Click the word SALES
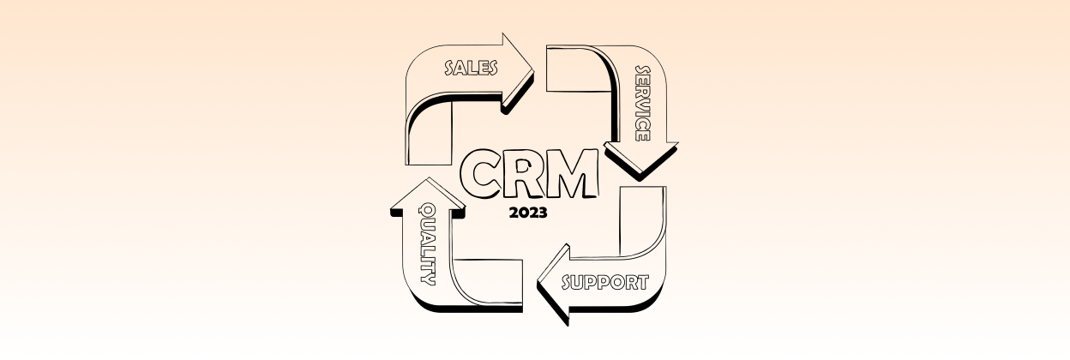(x=471, y=69)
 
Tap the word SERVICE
(x=642, y=104)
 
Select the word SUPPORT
(x=605, y=283)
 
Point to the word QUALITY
(x=427, y=244)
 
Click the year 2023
(x=528, y=213)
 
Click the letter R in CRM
(x=524, y=174)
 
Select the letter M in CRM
(x=572, y=173)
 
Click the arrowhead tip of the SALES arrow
(x=533, y=73)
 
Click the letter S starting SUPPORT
(x=568, y=283)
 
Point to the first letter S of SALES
(x=450, y=69)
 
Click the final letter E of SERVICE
(x=642, y=136)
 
